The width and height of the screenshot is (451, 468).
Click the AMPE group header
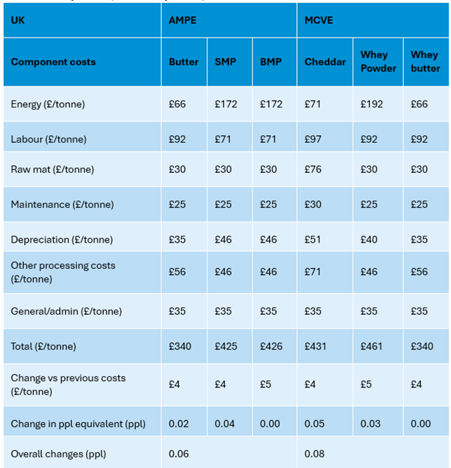(x=183, y=20)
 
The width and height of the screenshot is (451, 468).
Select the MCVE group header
(x=319, y=20)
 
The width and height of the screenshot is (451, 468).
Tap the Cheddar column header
(x=325, y=62)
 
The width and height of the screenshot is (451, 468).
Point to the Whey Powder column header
(x=378, y=62)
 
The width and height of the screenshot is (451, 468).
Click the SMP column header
(x=225, y=62)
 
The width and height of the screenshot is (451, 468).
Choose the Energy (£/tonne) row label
(x=48, y=104)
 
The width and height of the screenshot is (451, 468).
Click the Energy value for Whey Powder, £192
(x=371, y=104)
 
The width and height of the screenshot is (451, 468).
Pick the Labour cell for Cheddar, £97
(x=313, y=139)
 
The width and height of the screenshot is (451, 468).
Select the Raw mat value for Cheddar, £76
(x=313, y=169)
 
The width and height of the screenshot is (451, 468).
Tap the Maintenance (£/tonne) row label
(x=62, y=204)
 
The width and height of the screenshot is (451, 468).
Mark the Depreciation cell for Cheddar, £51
(x=313, y=240)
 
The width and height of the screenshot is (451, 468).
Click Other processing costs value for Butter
(x=177, y=272)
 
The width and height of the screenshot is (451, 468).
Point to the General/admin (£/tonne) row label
(x=66, y=311)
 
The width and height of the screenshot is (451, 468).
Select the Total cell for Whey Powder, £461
(x=371, y=346)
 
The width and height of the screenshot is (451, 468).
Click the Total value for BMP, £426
(x=271, y=346)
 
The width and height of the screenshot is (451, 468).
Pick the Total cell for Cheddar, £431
(x=315, y=346)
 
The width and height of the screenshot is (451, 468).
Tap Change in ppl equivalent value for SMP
(x=225, y=424)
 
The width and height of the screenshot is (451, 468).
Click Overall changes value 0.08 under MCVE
(x=314, y=454)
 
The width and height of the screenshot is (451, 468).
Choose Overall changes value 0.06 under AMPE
(x=179, y=454)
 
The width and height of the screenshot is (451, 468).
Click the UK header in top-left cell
(x=17, y=20)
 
